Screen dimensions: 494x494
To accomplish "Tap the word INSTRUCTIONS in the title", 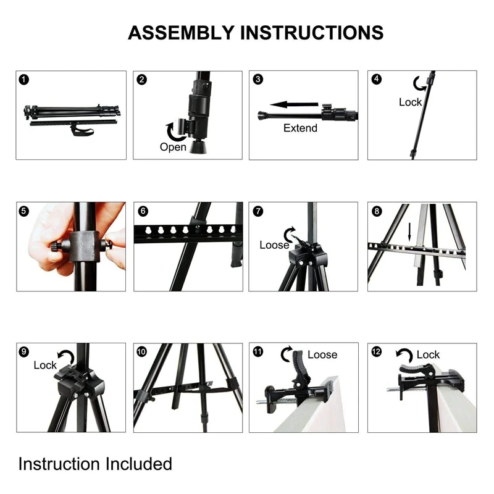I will click(311, 32).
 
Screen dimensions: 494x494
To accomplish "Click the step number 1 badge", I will click(23, 79).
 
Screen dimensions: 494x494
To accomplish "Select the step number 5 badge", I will click(23, 211).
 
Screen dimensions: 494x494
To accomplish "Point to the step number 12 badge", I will click(377, 351).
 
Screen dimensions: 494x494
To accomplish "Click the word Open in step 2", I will click(173, 147).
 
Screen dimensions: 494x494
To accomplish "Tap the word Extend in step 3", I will click(300, 128).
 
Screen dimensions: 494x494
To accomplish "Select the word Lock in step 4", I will click(410, 102).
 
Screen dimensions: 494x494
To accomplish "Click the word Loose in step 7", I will click(274, 245).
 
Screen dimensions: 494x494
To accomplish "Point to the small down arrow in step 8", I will click(408, 232).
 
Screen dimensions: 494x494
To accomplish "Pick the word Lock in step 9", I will click(45, 365).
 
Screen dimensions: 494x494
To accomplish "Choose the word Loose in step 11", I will click(322, 354).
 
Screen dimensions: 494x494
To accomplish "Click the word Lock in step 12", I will click(428, 354).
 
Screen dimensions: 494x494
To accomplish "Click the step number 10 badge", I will click(142, 351).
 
